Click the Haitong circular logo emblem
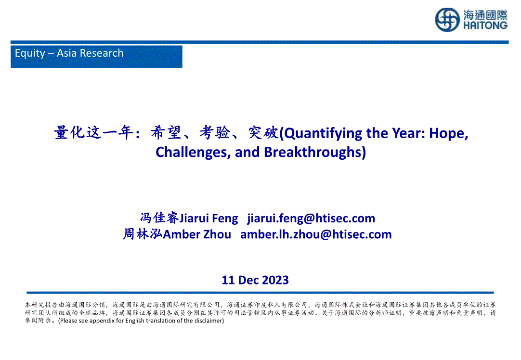[447, 20]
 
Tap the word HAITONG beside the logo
[485, 26]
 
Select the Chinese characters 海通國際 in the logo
[485, 15]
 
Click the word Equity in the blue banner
[30, 53]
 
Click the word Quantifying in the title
[319, 133]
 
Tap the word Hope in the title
[449, 133]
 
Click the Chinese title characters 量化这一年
[93, 132]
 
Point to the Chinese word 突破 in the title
[263, 132]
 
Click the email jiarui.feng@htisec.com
[311, 219]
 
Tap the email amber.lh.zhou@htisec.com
[316, 234]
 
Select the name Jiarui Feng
[208, 219]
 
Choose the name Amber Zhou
[197, 234]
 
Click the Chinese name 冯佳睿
[159, 218]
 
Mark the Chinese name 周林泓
[143, 234]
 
